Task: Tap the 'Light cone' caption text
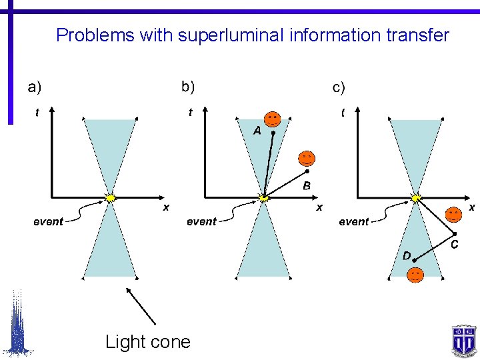click(x=147, y=342)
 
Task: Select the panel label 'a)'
click(x=34, y=87)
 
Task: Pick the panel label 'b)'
click(x=188, y=87)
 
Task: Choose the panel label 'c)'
click(x=339, y=87)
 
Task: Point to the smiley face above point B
click(x=306, y=159)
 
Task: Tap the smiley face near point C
click(x=453, y=215)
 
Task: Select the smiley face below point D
click(x=415, y=275)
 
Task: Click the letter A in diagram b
click(x=257, y=131)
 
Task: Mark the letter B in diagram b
click(x=307, y=185)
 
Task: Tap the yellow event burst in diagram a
click(x=111, y=197)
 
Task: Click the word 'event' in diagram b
click(x=201, y=221)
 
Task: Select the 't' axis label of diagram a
click(x=37, y=113)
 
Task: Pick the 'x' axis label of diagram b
click(x=319, y=208)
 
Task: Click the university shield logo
click(x=462, y=339)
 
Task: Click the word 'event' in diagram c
click(x=353, y=221)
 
